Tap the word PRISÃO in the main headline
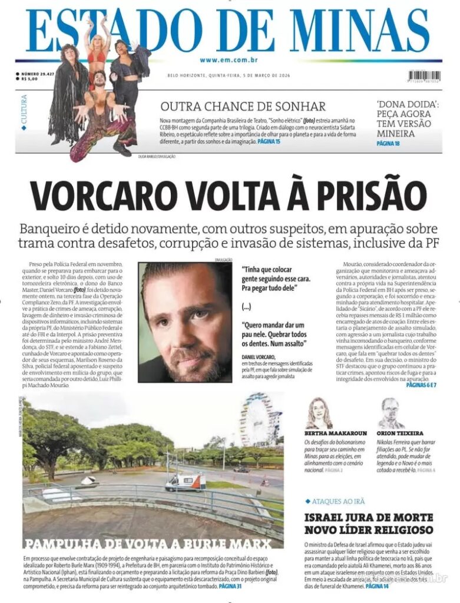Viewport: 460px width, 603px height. tap(365, 195)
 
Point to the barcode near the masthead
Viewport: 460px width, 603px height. tap(423, 76)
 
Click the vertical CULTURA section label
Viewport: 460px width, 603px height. tap(24, 110)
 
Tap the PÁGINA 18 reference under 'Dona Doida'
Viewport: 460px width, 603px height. tap(388, 144)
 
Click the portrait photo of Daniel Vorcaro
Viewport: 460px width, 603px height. tap(185, 322)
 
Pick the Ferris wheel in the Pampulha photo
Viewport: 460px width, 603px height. tap(260, 420)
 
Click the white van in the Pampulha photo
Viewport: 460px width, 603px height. tap(185, 481)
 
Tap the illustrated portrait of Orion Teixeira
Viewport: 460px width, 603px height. tap(389, 413)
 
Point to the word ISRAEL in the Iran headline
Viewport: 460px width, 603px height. tap(325, 518)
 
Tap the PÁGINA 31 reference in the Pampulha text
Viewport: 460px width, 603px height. tap(230, 587)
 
